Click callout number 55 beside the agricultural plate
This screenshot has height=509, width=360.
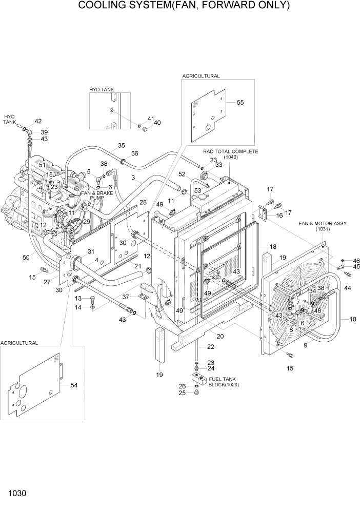point(241,103)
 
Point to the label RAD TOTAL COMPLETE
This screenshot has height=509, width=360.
point(230,152)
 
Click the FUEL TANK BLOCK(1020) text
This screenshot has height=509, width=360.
point(224,381)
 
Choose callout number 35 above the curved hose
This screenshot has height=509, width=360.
point(121,145)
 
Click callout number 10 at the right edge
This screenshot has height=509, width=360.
point(352,320)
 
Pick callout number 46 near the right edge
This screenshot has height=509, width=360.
point(356,261)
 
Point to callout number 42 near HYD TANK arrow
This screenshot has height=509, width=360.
point(38,121)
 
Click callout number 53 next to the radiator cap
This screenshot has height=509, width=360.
point(197,190)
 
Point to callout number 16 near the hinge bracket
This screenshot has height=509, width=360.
point(280,216)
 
